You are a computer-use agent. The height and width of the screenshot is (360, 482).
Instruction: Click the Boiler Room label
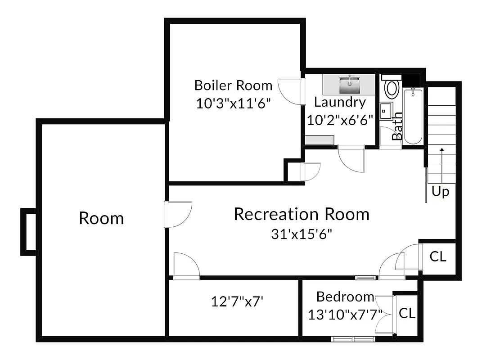(233, 85)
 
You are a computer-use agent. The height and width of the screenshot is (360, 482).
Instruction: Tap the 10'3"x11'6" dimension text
(233, 103)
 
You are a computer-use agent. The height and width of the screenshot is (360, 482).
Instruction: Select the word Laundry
(340, 102)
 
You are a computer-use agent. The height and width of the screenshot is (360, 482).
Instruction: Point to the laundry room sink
(349, 82)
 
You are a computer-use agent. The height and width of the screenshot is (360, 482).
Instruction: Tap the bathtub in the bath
(413, 116)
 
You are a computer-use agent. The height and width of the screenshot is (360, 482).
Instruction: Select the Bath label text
(397, 126)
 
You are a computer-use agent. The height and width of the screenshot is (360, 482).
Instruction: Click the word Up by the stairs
(440, 192)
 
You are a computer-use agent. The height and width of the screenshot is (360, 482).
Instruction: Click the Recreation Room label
(301, 214)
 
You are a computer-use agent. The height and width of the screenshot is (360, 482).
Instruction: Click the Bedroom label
(345, 297)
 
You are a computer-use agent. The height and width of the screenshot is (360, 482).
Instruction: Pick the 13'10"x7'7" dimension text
(345, 314)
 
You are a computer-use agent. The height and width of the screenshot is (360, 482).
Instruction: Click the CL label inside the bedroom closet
(407, 313)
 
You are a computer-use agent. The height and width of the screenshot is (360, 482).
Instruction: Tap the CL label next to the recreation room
(437, 256)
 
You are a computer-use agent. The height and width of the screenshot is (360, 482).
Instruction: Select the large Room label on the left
(101, 218)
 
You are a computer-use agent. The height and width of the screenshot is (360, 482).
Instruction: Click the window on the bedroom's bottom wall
(353, 339)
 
